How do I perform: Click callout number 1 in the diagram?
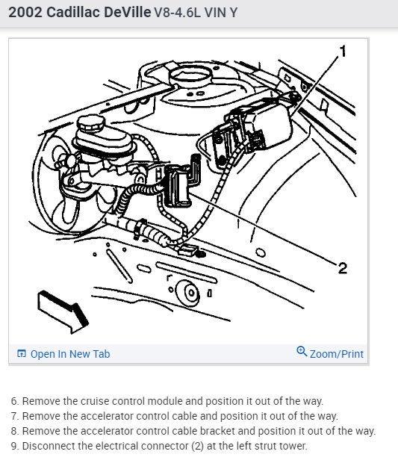343,51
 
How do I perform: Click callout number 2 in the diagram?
343,268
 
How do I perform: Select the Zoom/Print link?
337,354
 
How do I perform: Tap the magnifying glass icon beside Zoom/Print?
302,351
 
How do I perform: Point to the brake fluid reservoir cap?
91,122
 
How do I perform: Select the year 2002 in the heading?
25,13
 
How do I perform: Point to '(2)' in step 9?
197,446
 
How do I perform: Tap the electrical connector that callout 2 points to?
178,186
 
